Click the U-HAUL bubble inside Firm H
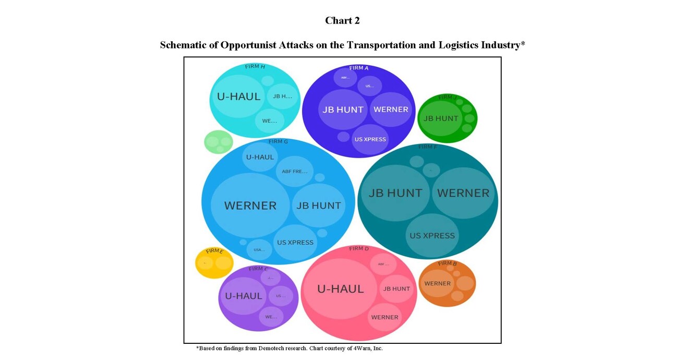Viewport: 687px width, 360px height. click(x=238, y=97)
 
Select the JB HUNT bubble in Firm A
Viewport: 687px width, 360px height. click(x=342, y=110)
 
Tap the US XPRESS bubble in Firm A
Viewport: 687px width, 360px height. click(x=370, y=139)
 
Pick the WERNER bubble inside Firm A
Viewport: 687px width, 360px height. click(x=391, y=110)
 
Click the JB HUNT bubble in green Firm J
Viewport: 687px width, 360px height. click(x=440, y=118)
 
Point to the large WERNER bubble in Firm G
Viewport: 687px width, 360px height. click(x=250, y=206)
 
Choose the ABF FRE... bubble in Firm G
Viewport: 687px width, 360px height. click(x=295, y=171)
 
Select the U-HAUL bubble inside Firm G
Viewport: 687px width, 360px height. click(x=260, y=157)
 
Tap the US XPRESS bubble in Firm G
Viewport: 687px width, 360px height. click(x=295, y=242)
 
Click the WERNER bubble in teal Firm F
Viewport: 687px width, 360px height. click(x=463, y=193)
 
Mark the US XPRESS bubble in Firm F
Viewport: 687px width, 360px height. click(x=432, y=235)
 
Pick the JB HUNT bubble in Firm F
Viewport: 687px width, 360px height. click(x=395, y=193)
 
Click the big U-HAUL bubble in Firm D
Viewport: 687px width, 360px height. click(x=340, y=289)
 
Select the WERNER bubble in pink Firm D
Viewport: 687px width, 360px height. click(x=384, y=317)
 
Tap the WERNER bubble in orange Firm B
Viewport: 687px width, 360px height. click(x=437, y=283)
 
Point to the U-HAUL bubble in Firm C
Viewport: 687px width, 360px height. click(x=243, y=296)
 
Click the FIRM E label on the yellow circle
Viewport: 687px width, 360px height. click(x=214, y=251)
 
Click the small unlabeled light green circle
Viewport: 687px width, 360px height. click(x=218, y=142)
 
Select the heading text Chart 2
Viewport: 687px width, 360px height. click(x=342, y=20)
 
